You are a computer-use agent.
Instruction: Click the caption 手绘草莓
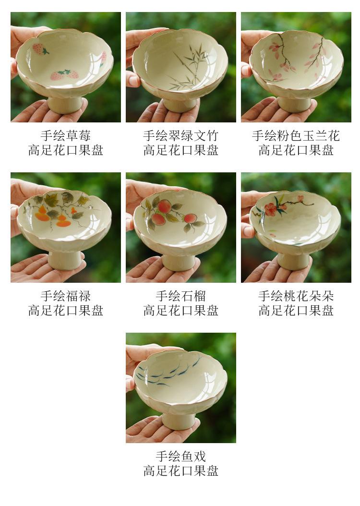point(65,135)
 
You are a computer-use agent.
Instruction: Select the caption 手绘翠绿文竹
point(180,135)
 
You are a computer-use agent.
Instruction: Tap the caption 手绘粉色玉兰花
point(296,135)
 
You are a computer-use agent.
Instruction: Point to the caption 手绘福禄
point(65,296)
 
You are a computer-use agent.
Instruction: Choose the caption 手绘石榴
point(180,296)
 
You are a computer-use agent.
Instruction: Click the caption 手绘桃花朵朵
point(296,296)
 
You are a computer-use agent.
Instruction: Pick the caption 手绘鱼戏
point(180,456)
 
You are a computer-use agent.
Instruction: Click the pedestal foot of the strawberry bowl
point(64,104)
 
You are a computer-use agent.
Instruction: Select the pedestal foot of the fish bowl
point(179,421)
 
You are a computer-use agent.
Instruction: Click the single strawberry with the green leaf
point(40,49)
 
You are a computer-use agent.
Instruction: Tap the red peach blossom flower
point(270,209)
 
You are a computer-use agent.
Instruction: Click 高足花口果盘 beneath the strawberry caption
point(65,150)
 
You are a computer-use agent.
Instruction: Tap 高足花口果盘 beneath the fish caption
point(180,471)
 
